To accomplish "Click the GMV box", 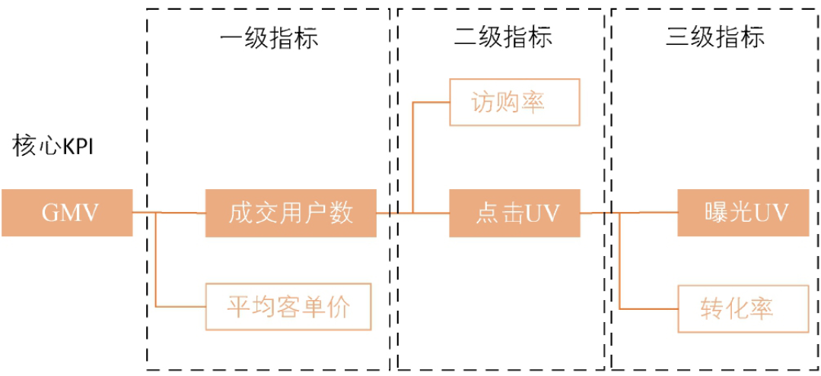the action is [x=66, y=213].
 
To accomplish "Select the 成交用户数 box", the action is [x=291, y=213].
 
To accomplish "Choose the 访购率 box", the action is [x=514, y=103].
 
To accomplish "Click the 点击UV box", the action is [x=514, y=213].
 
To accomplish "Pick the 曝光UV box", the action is [x=743, y=213].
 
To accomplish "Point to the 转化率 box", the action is [x=743, y=308].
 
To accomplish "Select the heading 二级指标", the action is [x=503, y=38].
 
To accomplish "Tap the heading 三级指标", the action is [x=715, y=38].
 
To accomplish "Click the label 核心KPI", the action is [x=53, y=146].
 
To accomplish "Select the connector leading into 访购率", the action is [x=430, y=103].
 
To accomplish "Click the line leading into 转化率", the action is [x=647, y=309].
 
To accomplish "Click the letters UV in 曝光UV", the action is [x=770, y=213].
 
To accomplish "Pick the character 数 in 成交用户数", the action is [x=342, y=213].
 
